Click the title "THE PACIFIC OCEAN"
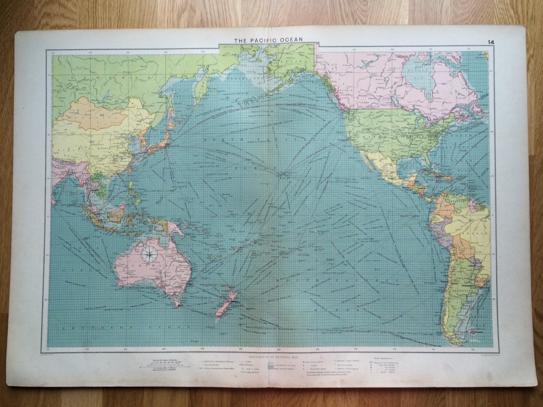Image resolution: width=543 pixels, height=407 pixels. tap(268, 40)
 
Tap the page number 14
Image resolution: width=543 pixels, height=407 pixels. tap(490, 42)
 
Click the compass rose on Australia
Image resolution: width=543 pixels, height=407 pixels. tap(150, 256)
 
